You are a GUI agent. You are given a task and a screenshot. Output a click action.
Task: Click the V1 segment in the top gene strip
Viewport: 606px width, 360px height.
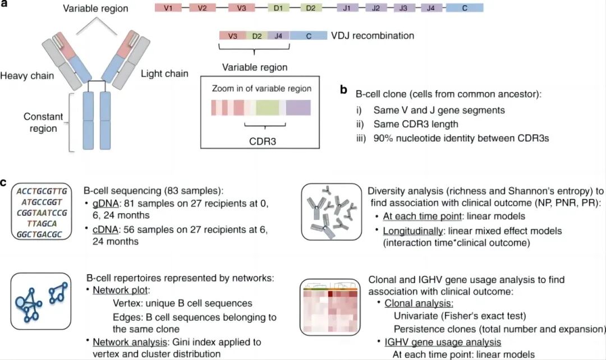point(168,9)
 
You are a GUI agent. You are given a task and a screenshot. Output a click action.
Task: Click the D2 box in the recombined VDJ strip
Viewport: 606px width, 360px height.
point(257,36)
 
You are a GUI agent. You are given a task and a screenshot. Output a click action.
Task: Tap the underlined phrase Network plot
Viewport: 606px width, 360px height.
point(118,290)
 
